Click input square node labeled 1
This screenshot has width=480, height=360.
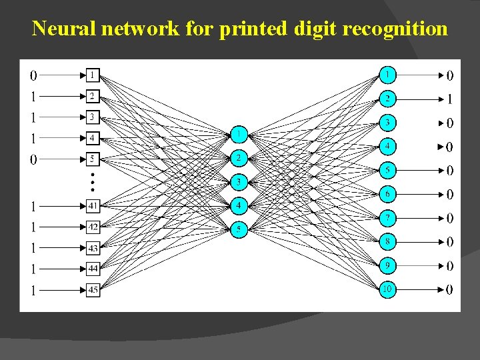coord(93,75)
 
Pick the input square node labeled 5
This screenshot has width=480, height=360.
coord(93,160)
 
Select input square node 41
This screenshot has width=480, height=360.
coord(93,206)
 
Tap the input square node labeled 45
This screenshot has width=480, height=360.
coord(93,290)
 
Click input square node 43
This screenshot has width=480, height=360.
coord(93,248)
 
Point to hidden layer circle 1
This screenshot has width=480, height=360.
coord(239,135)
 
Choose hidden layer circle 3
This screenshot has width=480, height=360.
coord(239,182)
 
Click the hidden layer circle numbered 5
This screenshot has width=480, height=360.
coord(239,229)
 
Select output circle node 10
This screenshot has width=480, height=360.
coord(387,289)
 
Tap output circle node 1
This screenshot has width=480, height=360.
coord(387,73)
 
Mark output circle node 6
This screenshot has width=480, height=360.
coord(387,193)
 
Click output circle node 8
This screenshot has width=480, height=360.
coord(387,241)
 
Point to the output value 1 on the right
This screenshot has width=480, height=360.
coord(449,99)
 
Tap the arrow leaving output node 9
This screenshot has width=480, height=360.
coord(420,266)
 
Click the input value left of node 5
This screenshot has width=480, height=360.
coord(33,159)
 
